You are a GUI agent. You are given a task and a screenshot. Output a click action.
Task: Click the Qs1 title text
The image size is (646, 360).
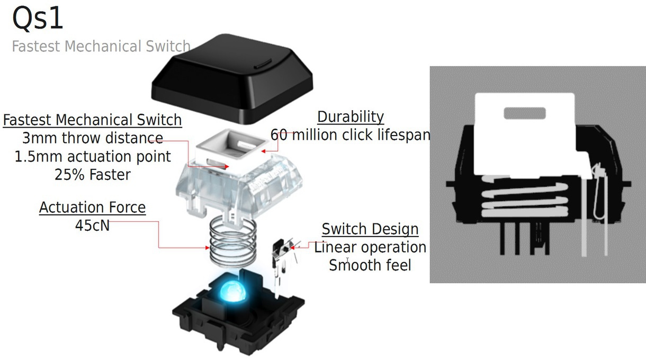click(x=38, y=18)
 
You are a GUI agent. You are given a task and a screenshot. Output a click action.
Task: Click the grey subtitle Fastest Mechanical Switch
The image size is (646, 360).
click(x=101, y=47)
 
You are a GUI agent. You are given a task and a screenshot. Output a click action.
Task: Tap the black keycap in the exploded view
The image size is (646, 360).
click(x=232, y=79)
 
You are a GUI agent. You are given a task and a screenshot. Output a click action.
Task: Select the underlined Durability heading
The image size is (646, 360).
click(x=350, y=117)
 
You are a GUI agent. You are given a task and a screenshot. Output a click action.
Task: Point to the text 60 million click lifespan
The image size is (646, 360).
click(x=350, y=135)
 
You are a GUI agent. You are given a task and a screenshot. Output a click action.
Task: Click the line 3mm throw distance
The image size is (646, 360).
click(x=92, y=139)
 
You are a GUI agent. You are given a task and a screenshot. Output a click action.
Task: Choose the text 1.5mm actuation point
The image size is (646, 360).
click(x=92, y=157)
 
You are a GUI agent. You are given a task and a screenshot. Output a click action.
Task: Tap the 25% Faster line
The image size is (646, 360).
click(x=92, y=175)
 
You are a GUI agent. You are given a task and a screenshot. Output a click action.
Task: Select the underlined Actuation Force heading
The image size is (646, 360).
click(x=92, y=208)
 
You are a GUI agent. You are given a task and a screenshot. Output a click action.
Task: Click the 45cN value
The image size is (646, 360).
click(x=92, y=225)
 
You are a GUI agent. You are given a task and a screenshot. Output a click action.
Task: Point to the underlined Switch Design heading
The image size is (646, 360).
click(x=370, y=229)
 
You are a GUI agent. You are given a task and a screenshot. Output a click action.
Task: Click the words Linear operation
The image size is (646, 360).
click(x=370, y=247)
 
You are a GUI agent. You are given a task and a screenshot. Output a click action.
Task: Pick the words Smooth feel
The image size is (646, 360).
click(x=370, y=265)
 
